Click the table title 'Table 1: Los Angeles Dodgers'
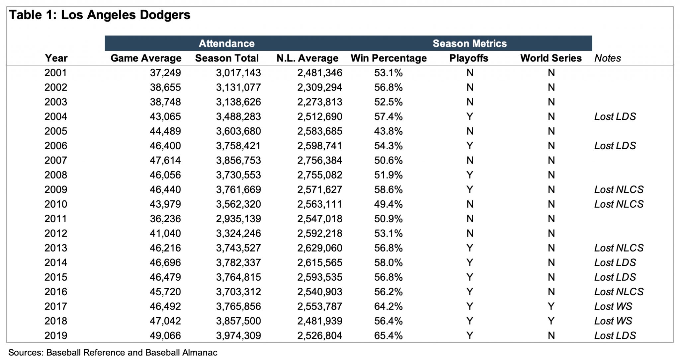coord(100,15)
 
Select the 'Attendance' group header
coord(226,43)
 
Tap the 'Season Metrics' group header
coord(469,43)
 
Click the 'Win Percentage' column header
coord(388,58)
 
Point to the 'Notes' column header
coord(607,58)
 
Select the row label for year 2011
coord(56,219)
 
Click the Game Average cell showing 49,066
coord(165,335)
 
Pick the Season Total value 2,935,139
coord(238,219)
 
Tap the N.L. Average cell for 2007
coord(319,160)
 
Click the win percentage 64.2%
coord(388,306)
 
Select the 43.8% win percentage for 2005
coord(388,131)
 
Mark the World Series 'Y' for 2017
coord(551,306)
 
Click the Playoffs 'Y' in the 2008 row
coord(469,175)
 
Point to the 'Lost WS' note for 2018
coord(613,321)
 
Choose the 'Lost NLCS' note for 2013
coord(619,248)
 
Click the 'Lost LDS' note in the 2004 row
coord(615,116)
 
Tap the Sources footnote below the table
coord(113,352)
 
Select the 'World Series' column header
coord(551,58)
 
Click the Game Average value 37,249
coord(165,73)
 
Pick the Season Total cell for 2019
coord(238,335)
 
